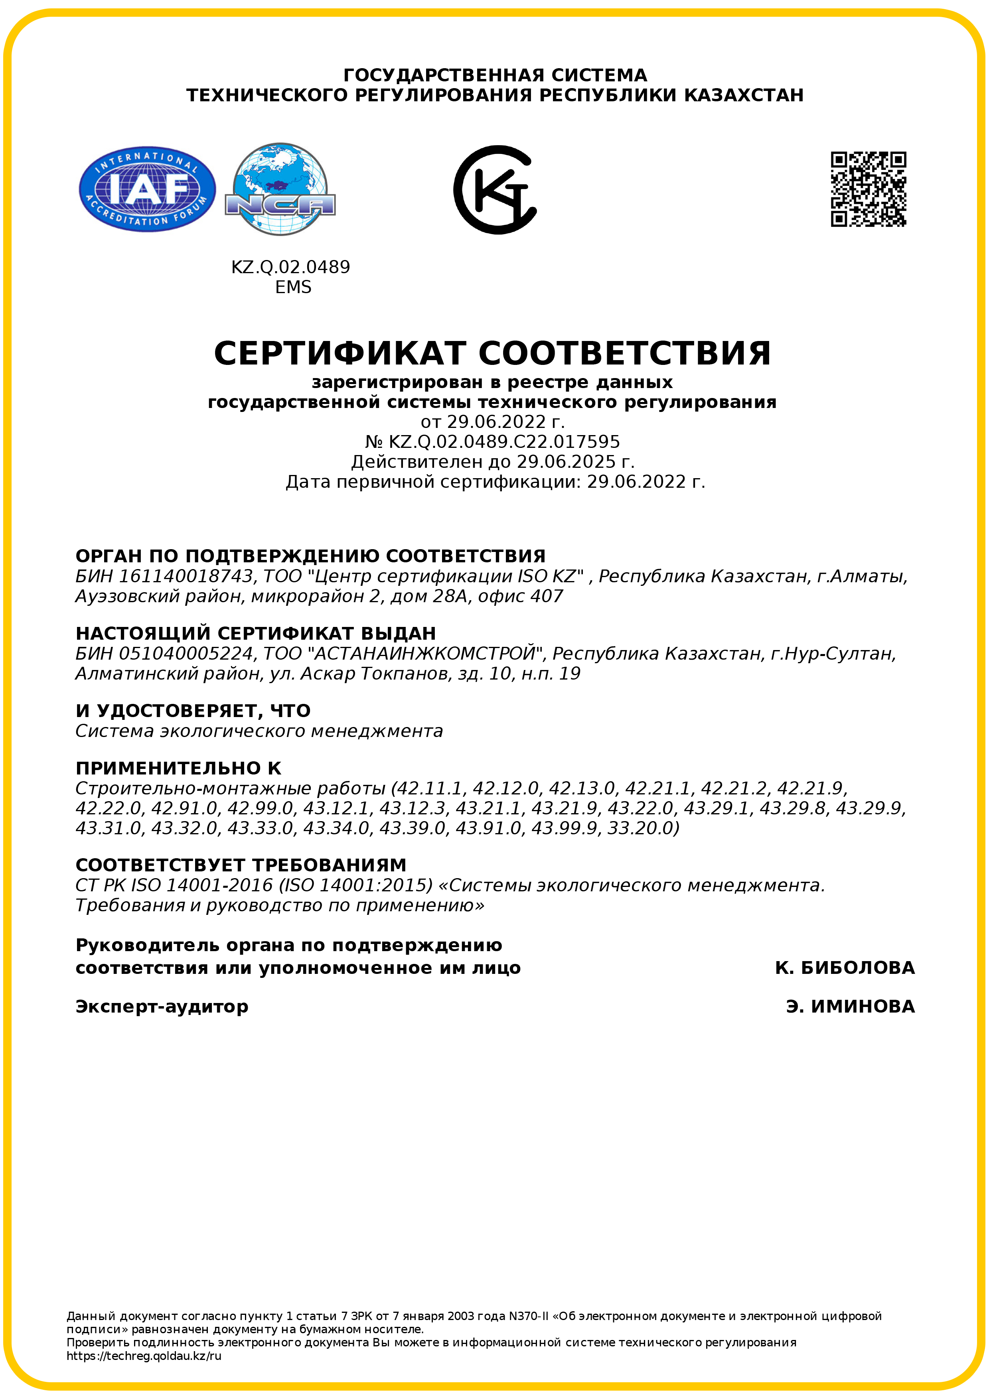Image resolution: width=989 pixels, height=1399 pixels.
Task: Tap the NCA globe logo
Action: coord(280,189)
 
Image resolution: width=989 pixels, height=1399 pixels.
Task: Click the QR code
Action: coord(869,189)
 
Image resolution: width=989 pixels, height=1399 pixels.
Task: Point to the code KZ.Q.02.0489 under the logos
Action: coord(291,267)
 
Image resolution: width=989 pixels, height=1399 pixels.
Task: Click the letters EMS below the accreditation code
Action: coord(293,287)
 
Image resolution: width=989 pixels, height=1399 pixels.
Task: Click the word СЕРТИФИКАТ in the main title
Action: coord(340,353)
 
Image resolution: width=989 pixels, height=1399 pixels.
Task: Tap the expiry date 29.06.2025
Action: coord(566,462)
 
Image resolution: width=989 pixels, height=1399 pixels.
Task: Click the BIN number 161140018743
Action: coord(185,576)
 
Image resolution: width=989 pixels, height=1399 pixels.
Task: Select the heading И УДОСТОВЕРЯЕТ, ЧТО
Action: coord(193,711)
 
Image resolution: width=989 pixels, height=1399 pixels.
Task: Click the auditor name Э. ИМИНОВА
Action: coord(850,1007)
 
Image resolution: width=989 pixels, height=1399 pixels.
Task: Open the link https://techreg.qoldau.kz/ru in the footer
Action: coord(144,1356)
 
